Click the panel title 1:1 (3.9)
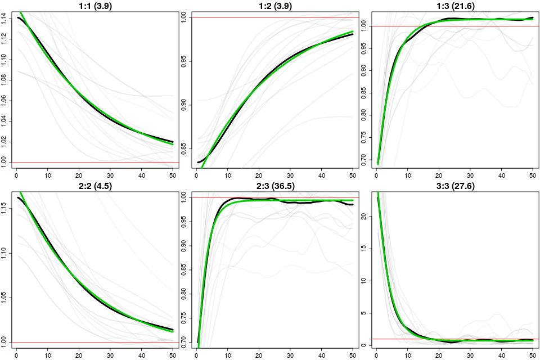(93, 6)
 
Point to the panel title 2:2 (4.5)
(93, 186)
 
